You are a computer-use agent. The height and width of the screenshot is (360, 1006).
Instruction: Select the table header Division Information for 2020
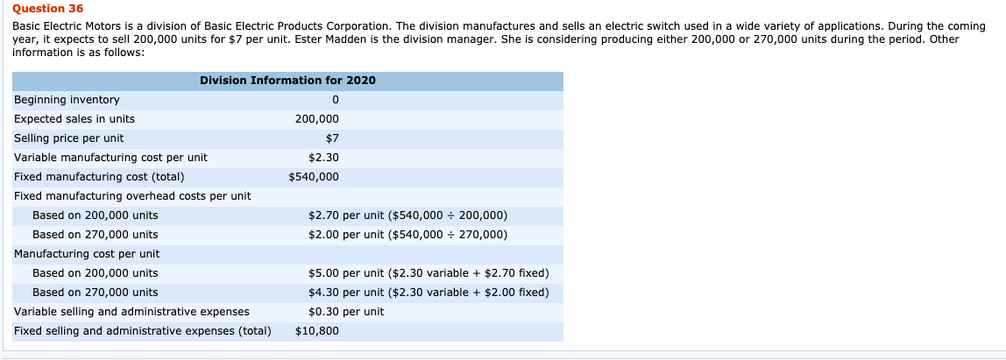(x=287, y=81)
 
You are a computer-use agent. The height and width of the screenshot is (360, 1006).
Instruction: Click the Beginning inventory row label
(x=67, y=100)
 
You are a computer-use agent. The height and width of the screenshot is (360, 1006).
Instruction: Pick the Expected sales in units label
(x=74, y=119)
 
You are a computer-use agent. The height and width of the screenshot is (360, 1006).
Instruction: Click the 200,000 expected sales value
(x=316, y=119)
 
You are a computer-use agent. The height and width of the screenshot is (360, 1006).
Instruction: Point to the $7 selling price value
(x=331, y=138)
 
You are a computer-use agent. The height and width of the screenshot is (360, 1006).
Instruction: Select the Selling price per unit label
(x=69, y=138)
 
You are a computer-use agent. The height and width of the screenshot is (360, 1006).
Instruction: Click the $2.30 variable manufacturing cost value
(x=323, y=158)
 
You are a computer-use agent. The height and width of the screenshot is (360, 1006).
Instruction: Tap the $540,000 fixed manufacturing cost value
(x=314, y=177)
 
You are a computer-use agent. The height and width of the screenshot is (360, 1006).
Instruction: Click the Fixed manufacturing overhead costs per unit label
(x=132, y=196)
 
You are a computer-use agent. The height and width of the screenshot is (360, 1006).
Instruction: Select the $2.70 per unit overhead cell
(x=407, y=215)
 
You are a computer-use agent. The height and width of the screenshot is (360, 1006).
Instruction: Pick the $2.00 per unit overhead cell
(x=407, y=235)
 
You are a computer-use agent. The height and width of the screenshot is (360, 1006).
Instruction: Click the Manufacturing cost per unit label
(x=87, y=254)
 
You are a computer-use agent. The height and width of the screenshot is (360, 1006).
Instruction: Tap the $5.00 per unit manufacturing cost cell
(x=429, y=273)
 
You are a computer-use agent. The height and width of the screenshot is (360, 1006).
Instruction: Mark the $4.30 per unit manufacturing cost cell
(x=429, y=293)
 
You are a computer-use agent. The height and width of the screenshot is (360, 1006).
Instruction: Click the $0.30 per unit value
(x=346, y=312)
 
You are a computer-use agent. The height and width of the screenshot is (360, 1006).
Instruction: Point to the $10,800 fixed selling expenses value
(x=317, y=331)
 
